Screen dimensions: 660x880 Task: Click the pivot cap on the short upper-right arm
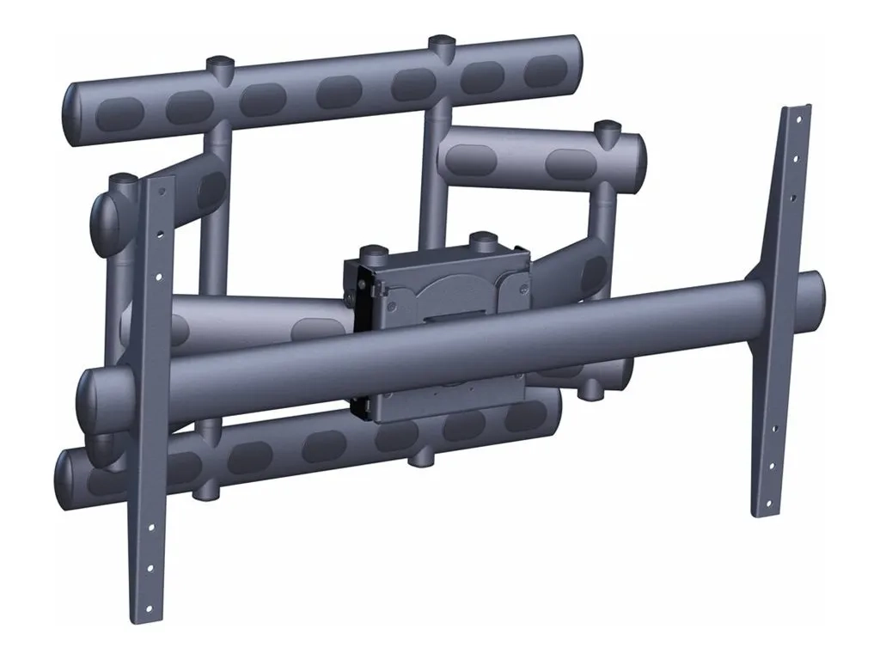pyautogui.click(x=608, y=128)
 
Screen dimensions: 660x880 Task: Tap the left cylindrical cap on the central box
pyautogui.click(x=372, y=253)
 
